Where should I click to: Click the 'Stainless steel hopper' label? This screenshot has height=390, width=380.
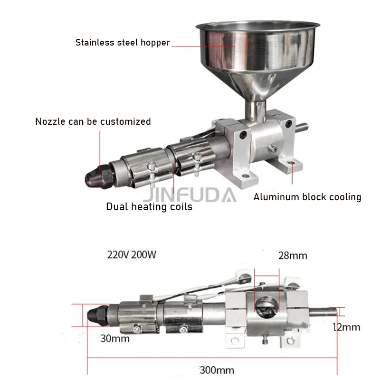pos(123,43)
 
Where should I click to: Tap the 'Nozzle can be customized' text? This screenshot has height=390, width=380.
pos(93,121)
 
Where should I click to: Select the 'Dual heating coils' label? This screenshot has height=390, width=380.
pos(149,207)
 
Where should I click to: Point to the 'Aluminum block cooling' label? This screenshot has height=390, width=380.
pos(307,197)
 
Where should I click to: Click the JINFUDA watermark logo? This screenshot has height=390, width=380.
pos(190,195)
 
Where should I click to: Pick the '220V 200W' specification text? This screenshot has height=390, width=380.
pos(132,255)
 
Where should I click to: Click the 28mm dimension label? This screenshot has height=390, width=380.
pos(293,256)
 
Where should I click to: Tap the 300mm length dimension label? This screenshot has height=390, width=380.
pos(217,371)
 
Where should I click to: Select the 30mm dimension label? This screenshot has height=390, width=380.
pos(115,338)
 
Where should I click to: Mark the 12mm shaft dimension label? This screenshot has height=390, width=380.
pos(347,327)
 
